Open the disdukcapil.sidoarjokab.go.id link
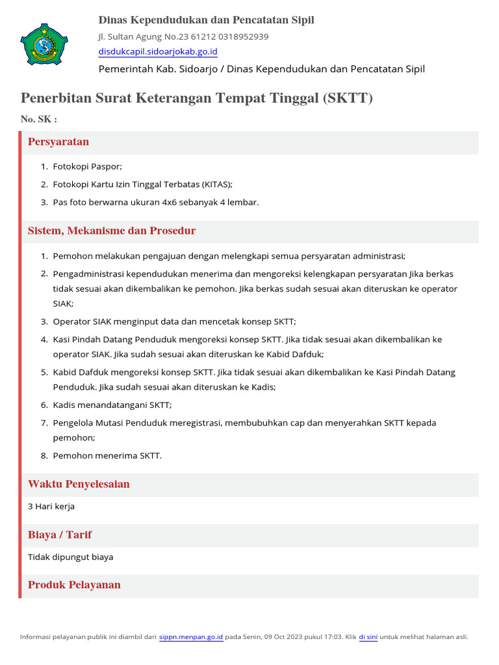[158, 52]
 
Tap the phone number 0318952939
[244, 36]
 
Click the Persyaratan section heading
[58, 142]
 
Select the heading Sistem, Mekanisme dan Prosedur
[112, 231]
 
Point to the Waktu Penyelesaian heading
[79, 484]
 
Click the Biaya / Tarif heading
[60, 535]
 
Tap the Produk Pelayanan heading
[74, 585]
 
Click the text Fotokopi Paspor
[87, 166]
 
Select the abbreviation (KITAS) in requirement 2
[216, 184]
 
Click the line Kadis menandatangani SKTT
[112, 405]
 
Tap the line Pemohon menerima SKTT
[107, 455]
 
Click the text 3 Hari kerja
[51, 506]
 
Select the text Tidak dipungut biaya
[70, 557]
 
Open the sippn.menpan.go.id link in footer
[191, 637]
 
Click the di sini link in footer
[368, 637]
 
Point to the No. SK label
[39, 119]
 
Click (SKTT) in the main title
[348, 99]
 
